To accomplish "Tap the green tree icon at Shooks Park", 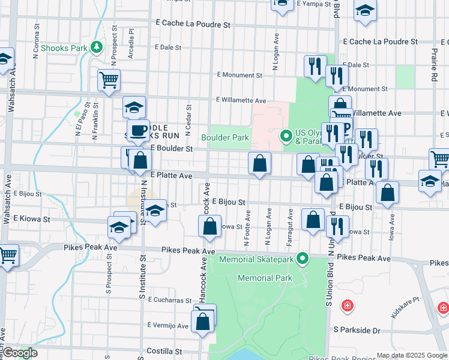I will tap(96, 46).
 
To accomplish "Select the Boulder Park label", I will tap(225, 137).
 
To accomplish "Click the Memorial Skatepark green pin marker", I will tap(303, 259).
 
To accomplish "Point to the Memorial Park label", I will tap(265, 278).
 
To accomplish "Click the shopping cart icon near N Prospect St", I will tap(109, 80).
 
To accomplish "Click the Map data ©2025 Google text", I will tap(412, 355).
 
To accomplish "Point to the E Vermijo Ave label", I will tap(168, 325).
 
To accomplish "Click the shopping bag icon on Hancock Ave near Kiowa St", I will tap(209, 226).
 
